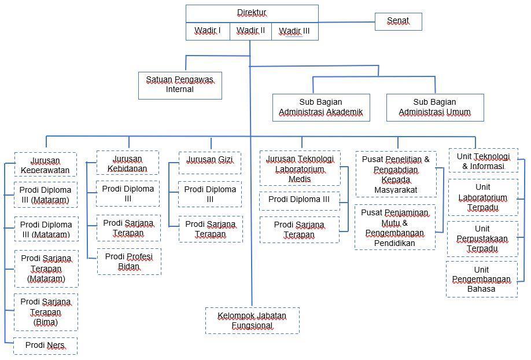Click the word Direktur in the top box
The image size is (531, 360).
click(x=252, y=13)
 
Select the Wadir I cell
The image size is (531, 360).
click(x=208, y=31)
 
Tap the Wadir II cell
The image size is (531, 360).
click(x=250, y=31)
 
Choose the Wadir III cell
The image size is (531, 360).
click(x=294, y=31)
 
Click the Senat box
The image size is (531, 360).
click(x=398, y=21)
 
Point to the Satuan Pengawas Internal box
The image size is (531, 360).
click(x=180, y=85)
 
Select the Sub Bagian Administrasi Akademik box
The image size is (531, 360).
click(x=321, y=107)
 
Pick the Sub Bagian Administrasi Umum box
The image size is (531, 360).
click(x=435, y=107)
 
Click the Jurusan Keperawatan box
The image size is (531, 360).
click(x=45, y=164)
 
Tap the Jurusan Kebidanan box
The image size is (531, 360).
click(x=127, y=163)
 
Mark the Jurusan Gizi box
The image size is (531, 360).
click(x=209, y=163)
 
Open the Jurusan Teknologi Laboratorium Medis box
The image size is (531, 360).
click(x=300, y=168)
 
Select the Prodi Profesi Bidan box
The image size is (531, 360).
click(x=129, y=261)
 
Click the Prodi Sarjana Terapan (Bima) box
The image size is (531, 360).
click(x=46, y=312)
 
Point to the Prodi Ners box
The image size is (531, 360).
click(x=45, y=346)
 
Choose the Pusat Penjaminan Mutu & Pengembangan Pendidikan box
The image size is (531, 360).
click(x=395, y=227)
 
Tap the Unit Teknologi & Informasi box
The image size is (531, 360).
click(x=483, y=161)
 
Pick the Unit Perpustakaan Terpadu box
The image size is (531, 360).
click(x=482, y=238)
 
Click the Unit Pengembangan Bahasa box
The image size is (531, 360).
click(x=481, y=279)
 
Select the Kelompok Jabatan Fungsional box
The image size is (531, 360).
click(x=252, y=320)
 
